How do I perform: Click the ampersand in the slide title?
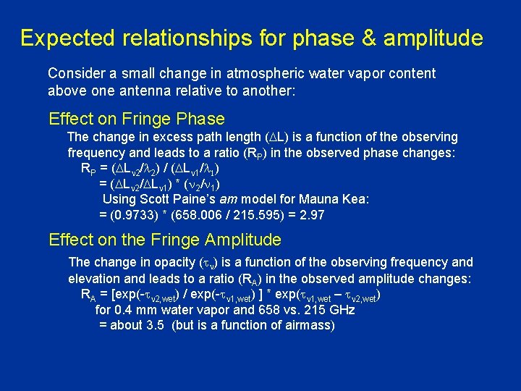tap(369, 38)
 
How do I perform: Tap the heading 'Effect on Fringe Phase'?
tap(137, 119)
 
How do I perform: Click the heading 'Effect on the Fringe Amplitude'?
tap(165, 240)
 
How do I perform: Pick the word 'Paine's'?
tap(203, 199)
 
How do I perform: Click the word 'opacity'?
tap(167, 262)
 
